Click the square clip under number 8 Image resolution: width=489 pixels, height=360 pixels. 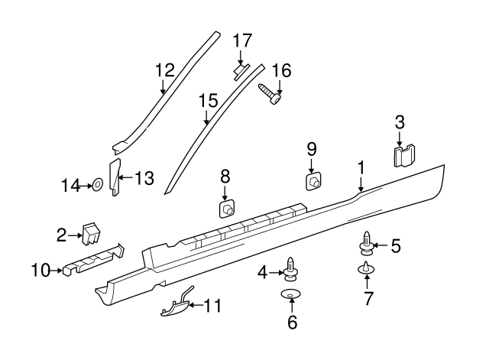(x=226, y=210)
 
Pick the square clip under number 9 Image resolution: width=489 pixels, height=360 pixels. (x=313, y=182)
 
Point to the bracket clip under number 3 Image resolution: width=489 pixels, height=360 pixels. (x=403, y=157)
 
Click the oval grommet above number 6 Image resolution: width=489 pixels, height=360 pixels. (x=291, y=295)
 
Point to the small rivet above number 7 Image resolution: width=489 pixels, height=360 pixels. (x=367, y=268)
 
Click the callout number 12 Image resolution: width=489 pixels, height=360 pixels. (x=165, y=70)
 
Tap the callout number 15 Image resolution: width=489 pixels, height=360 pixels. (x=208, y=99)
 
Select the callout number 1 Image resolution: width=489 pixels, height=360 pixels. (x=361, y=167)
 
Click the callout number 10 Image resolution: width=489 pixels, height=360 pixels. (x=40, y=269)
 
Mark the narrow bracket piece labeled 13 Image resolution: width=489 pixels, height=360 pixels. (x=115, y=178)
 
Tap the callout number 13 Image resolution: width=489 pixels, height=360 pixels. (x=144, y=179)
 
